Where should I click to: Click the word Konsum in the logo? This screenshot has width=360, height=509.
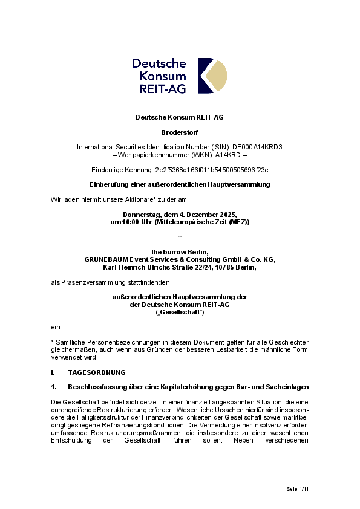(x=162, y=76)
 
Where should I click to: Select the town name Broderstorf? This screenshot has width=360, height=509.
(x=180, y=132)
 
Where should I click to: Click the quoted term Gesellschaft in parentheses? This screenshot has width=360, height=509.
(x=180, y=312)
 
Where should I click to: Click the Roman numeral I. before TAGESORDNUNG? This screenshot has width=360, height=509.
(x=53, y=372)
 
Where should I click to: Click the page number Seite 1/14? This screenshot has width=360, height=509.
(x=297, y=488)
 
